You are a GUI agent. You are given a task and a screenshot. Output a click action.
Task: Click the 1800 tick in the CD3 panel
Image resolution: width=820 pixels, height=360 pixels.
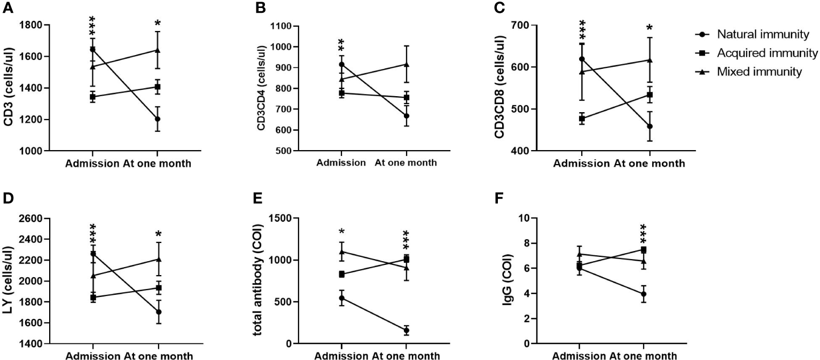coord(44,25)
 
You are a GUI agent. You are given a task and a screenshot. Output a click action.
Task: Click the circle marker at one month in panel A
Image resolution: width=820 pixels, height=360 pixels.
coord(158,119)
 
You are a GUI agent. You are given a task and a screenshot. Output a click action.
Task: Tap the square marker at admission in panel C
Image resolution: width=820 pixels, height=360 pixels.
coord(582,119)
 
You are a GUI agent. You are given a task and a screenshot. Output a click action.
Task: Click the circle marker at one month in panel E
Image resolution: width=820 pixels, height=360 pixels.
coord(406,331)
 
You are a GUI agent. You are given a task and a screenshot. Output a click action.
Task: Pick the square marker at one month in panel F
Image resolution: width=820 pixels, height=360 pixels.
coord(644,249)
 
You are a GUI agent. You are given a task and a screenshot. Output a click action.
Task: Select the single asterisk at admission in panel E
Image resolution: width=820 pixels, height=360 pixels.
coord(342,233)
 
